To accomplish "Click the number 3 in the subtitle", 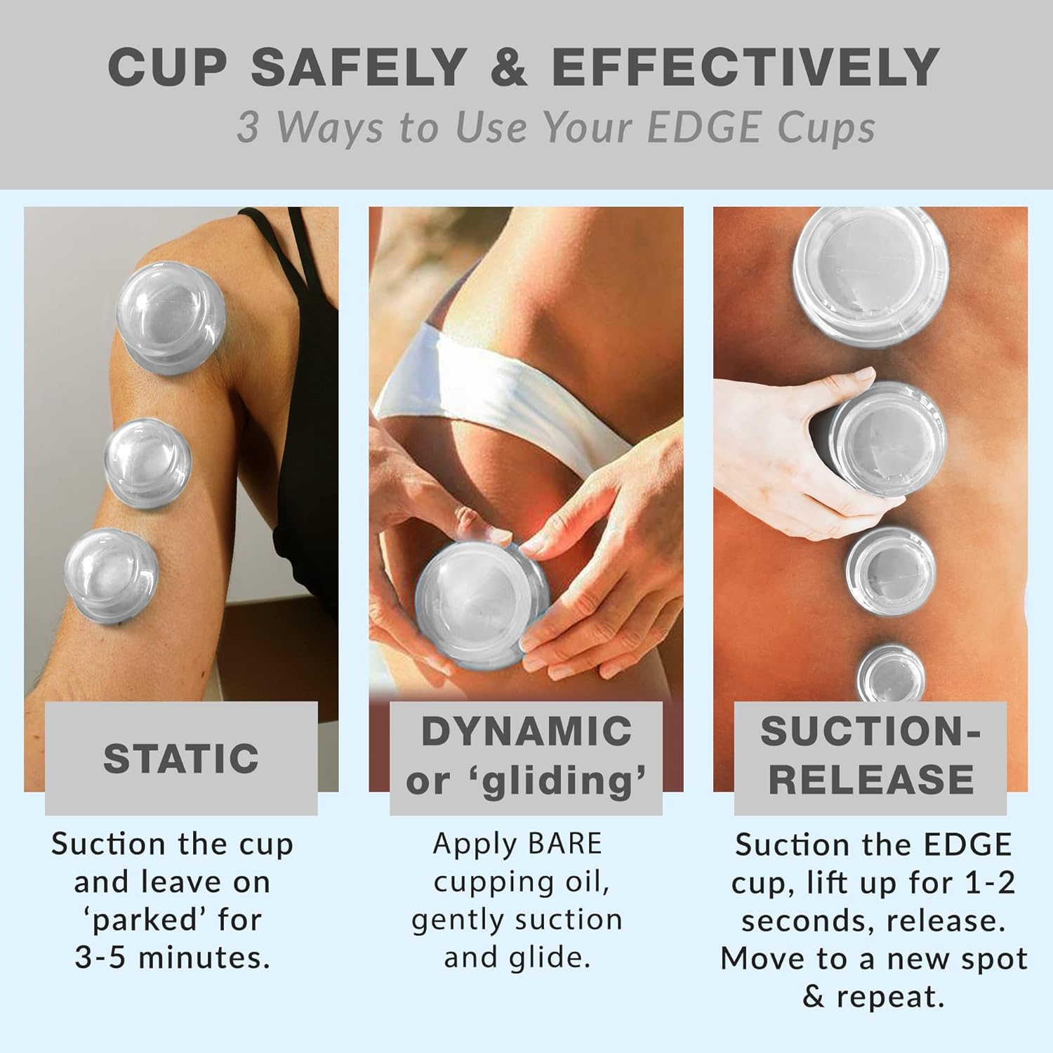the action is (247, 128).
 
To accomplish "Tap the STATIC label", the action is (181, 758).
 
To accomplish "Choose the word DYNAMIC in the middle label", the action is (526, 731).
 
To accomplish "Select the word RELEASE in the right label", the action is (871, 779).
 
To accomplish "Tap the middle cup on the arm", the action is (148, 463).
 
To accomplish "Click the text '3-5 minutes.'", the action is (173, 958).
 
